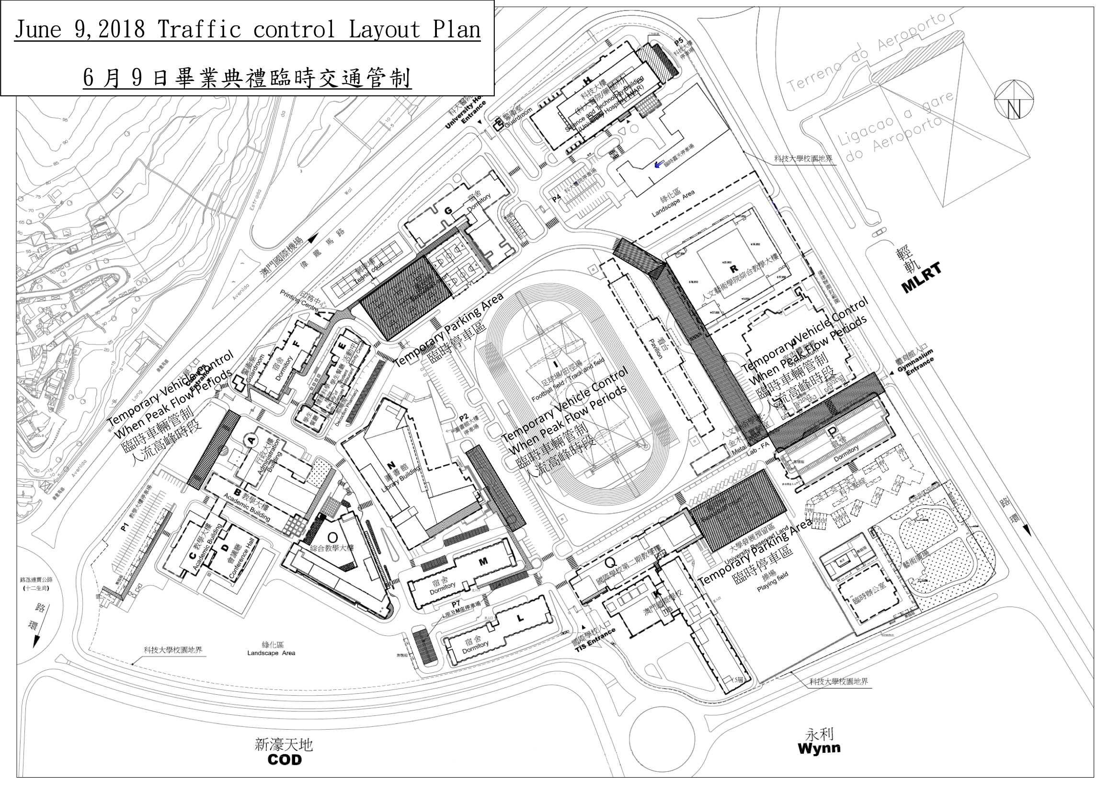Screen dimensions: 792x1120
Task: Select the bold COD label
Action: (x=285, y=760)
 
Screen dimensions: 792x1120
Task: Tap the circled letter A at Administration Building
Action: (x=251, y=440)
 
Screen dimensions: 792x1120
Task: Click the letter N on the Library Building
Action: (x=391, y=465)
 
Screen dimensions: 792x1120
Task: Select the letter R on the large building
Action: (x=732, y=268)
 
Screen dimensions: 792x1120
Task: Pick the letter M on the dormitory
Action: (x=483, y=562)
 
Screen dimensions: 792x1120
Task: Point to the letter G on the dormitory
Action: (x=447, y=211)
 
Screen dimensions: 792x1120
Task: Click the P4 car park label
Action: (x=557, y=199)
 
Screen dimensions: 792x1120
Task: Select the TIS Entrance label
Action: (x=595, y=640)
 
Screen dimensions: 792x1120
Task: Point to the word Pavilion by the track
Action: (x=656, y=346)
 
